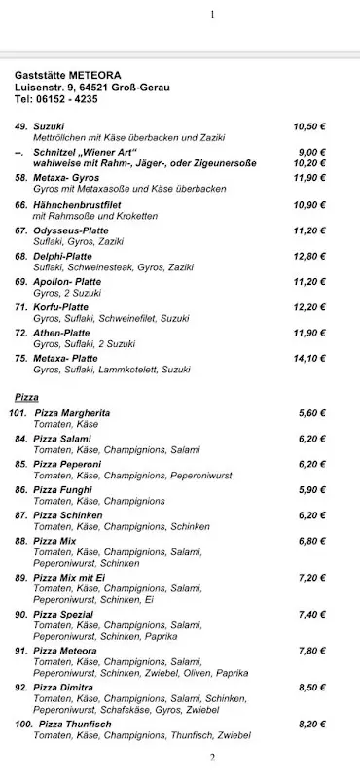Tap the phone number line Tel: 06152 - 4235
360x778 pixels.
coord(55,99)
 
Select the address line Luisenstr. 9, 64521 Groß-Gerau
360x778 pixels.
coord(91,87)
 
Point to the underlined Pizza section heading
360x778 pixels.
coord(26,398)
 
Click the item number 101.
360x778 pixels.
coord(18,413)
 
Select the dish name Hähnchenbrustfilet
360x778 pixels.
coord(79,205)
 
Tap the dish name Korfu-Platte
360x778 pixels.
coord(64,306)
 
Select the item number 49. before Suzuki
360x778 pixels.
coord(20,126)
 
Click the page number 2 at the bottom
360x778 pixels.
coord(212,759)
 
